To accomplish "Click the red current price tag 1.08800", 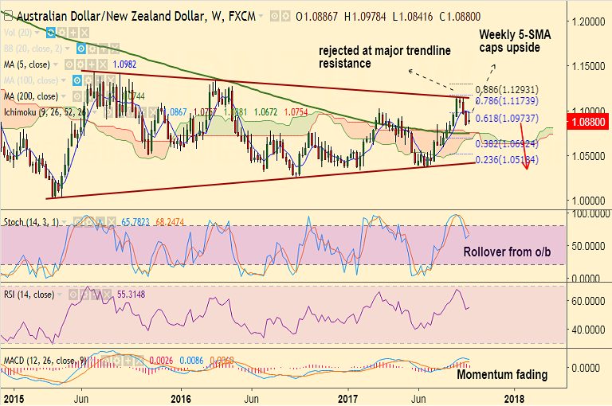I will [x=588, y=122].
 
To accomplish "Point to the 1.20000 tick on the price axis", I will [x=588, y=22].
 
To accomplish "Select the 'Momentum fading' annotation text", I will [x=501, y=374].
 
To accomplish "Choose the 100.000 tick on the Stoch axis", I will [x=588, y=213].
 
